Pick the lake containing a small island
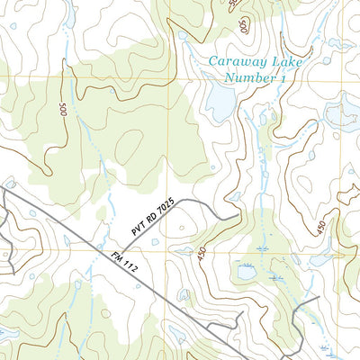[342, 112]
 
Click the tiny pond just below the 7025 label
[156, 241]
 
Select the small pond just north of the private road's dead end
[235, 196]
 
